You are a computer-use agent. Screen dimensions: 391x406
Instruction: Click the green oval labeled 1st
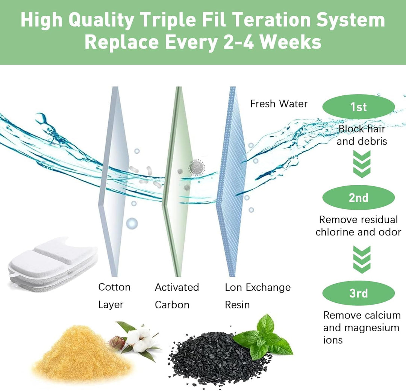[358, 107]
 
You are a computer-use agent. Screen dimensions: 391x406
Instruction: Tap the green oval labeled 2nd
[358, 198]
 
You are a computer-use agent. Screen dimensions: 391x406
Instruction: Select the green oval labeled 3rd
[358, 293]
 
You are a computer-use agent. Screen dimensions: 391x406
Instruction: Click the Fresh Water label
[279, 104]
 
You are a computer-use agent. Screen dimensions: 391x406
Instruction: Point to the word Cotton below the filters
[114, 287]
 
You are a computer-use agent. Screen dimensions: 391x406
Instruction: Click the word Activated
[177, 287]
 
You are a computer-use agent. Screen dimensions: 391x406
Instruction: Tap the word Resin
[237, 305]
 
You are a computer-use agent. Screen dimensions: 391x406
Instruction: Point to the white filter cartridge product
[53, 263]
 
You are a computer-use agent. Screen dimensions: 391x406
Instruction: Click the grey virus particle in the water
[196, 167]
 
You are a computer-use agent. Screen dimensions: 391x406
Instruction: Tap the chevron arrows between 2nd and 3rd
[362, 259]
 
